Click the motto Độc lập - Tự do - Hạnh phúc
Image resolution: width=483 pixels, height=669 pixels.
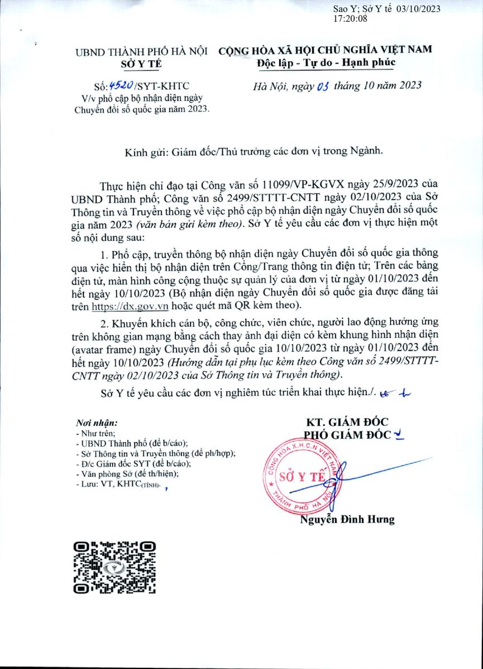[326, 62]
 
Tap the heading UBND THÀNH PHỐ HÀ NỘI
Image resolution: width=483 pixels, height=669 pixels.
[141, 52]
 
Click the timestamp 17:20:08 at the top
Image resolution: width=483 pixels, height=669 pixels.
[350, 19]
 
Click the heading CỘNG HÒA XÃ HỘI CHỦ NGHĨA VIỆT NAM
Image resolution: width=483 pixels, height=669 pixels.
[326, 50]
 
